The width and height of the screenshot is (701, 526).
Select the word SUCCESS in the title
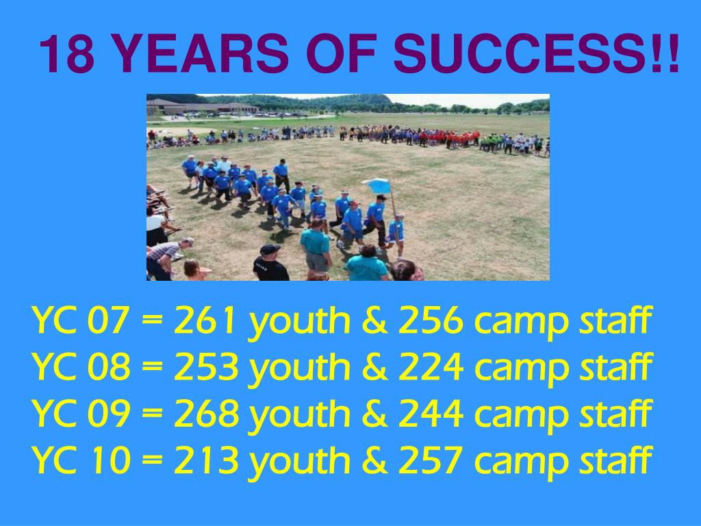coord(513,55)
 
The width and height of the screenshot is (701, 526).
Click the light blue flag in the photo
coord(377,186)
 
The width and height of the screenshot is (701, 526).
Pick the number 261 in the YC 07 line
coord(206,321)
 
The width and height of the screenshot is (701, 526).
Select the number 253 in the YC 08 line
coord(206,368)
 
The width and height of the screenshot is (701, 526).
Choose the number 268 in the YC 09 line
coord(206,414)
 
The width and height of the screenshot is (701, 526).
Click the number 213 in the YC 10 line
coord(206,460)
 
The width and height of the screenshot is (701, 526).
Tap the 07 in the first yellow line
coord(109,321)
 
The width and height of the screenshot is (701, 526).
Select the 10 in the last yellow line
coord(109,460)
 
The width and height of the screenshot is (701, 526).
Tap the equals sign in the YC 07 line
coord(152,322)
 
